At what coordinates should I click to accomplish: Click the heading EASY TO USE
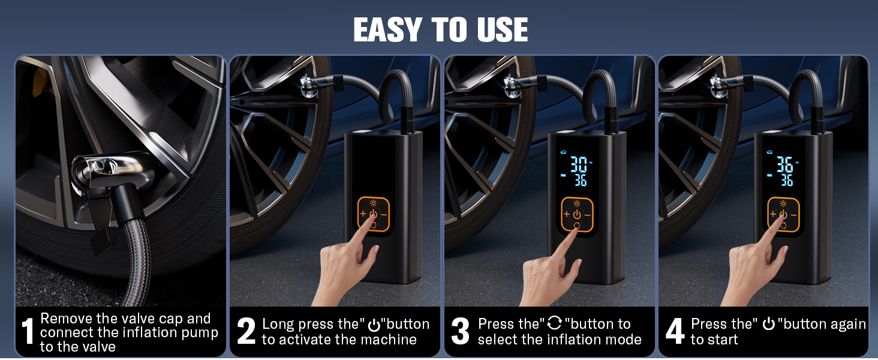click(x=440, y=29)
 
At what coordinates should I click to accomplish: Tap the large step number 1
click(x=27, y=332)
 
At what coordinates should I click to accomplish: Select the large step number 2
click(x=246, y=332)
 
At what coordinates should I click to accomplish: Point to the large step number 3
click(x=459, y=332)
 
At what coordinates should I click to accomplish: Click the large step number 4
click(x=675, y=332)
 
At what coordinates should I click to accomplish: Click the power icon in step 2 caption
click(x=374, y=325)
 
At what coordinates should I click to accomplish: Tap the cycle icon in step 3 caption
click(x=555, y=324)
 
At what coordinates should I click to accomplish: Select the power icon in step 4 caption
click(x=768, y=324)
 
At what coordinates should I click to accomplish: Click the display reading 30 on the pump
click(x=579, y=164)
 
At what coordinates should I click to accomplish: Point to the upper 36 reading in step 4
click(x=784, y=164)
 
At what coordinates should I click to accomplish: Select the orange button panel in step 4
click(x=783, y=214)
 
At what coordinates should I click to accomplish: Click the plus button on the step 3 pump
click(x=565, y=214)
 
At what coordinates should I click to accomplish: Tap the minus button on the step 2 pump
click(x=384, y=214)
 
